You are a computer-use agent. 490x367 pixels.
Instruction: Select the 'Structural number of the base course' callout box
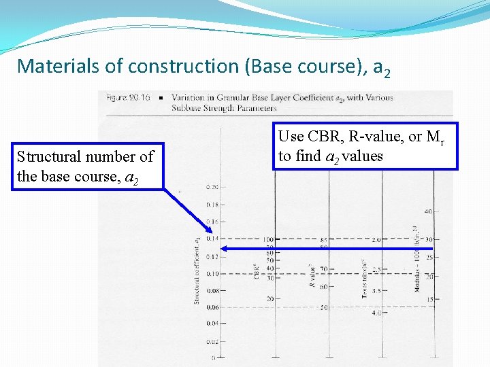coord(86,167)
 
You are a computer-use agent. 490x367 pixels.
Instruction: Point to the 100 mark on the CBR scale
coord(268,240)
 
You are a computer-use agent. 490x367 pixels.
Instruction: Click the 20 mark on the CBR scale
coord(270,299)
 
